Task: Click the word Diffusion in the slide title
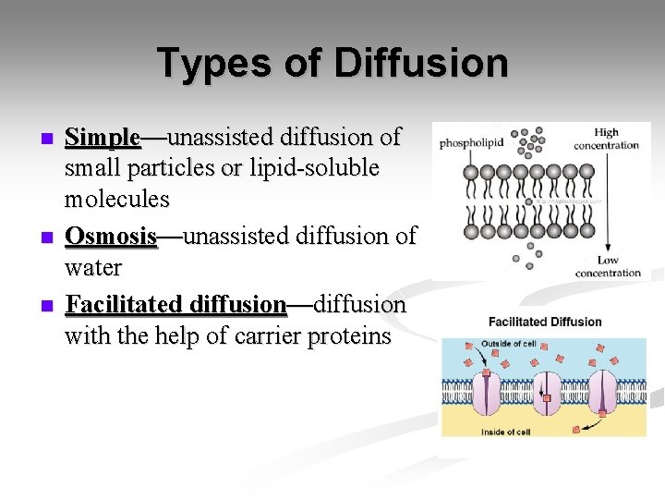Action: pyautogui.click(x=421, y=64)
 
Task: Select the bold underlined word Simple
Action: pyautogui.click(x=103, y=138)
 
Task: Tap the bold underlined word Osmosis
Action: pyautogui.click(x=111, y=236)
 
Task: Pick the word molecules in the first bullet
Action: pyautogui.click(x=117, y=199)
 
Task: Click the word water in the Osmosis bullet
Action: pyautogui.click(x=93, y=268)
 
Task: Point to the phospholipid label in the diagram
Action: pyautogui.click(x=471, y=143)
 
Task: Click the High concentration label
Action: pyautogui.click(x=606, y=139)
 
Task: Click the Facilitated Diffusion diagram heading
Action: pyautogui.click(x=545, y=323)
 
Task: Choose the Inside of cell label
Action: pyautogui.click(x=506, y=431)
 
